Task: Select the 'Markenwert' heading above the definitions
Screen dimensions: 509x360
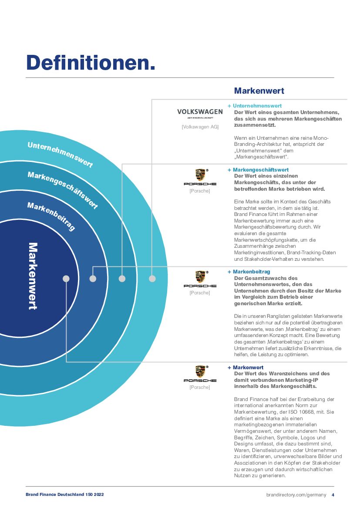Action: pos(259,91)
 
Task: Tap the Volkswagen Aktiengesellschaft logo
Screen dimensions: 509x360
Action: pos(200,114)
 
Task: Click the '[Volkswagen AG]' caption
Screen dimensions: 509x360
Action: pos(200,127)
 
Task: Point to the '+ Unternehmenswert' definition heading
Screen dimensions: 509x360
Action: pos(255,106)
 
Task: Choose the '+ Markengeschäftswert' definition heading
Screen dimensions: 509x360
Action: pos(258,170)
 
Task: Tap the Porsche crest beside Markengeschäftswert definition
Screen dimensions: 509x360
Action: pos(200,175)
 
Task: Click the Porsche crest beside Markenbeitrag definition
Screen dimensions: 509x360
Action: pos(200,277)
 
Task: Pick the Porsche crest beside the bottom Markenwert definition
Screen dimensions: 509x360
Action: pos(200,371)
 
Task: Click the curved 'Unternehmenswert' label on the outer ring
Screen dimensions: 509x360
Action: pos(60,154)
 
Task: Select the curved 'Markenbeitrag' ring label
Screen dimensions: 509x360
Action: pos(51,216)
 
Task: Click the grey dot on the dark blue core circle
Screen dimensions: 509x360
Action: pos(66,279)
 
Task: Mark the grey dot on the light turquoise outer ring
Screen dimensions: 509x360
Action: pos(152,279)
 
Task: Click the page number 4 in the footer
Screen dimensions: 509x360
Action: pos(333,495)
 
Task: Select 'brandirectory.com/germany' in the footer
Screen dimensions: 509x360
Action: pos(296,495)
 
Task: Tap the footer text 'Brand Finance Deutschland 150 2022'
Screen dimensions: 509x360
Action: pos(64,495)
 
